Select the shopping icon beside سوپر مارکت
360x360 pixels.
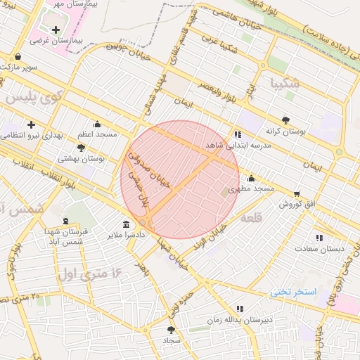[17, 57]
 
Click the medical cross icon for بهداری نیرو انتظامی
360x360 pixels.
[31, 124]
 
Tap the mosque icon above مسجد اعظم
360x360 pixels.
[97, 124]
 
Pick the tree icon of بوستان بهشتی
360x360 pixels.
[82, 148]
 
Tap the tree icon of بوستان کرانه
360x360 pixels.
[285, 120]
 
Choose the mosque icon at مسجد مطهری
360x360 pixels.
[251, 179]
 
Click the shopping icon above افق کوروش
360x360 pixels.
[297, 194]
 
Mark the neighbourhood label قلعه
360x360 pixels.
[251, 219]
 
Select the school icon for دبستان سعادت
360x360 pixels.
[320, 238]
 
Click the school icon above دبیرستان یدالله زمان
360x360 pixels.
[240, 309]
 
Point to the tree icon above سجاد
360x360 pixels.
[172, 329]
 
